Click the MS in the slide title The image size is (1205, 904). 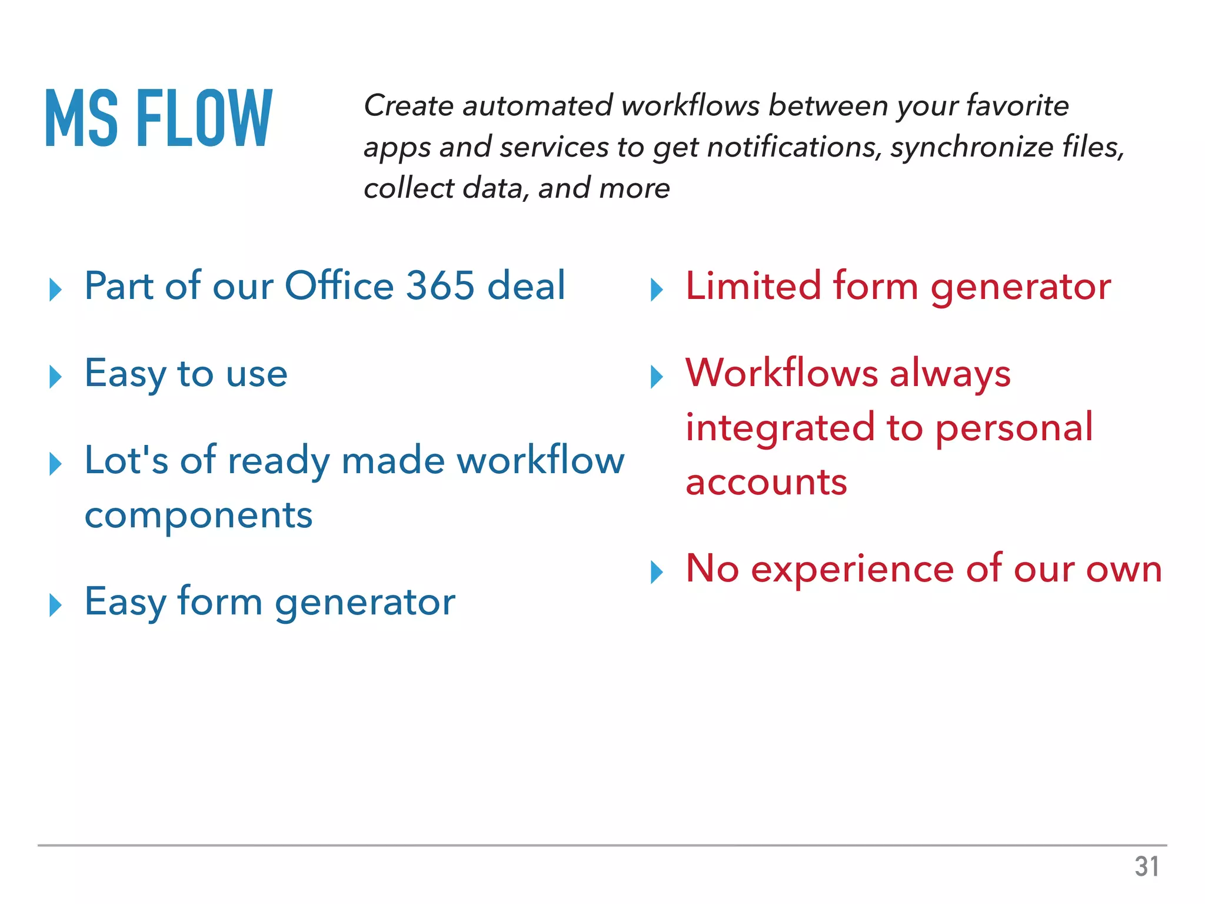coord(82,117)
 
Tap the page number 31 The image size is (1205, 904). coord(1147,866)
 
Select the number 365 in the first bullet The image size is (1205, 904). coord(440,286)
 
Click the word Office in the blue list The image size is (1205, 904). coord(339,286)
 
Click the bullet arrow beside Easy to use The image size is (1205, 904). coord(56,377)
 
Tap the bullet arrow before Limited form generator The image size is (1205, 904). coord(657,290)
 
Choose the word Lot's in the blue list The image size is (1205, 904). coord(127,460)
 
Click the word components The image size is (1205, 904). coord(198,517)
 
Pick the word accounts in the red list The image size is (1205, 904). coord(766,483)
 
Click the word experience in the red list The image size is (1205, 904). coord(852,570)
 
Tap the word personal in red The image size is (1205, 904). coord(1014,428)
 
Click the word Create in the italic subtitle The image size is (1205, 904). coord(409,106)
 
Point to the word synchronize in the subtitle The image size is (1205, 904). coord(971,147)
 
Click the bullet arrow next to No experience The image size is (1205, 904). coord(657,572)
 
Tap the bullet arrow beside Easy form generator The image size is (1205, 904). coord(56,605)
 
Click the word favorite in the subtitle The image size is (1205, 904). coord(1017,106)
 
